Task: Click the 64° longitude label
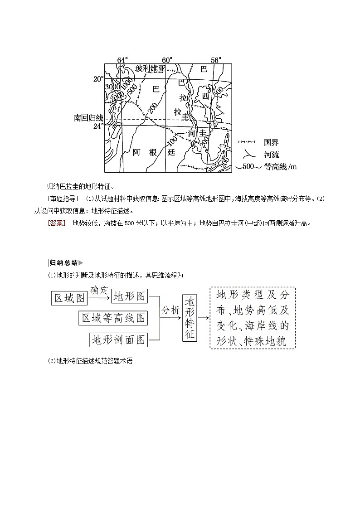pyautogui.click(x=122, y=60)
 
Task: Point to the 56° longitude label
pyautogui.click(x=216, y=60)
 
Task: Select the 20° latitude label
pyautogui.click(x=98, y=79)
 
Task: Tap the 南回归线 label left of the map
pyautogui.click(x=88, y=118)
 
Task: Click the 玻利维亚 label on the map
pyautogui.click(x=151, y=69)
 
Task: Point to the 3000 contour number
pyautogui.click(x=112, y=87)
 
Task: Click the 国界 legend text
pyautogui.click(x=271, y=142)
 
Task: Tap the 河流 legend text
pyautogui.click(x=271, y=154)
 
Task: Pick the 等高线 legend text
pyautogui.click(x=276, y=166)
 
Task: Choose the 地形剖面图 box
pyautogui.click(x=119, y=339)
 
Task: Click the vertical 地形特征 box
pyautogui.click(x=190, y=318)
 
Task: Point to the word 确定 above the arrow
pyautogui.click(x=100, y=290)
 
